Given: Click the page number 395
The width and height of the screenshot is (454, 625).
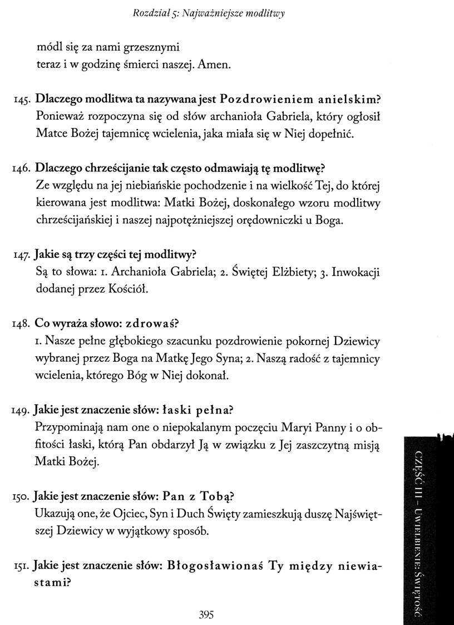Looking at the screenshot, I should pyautogui.click(x=206, y=615).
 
